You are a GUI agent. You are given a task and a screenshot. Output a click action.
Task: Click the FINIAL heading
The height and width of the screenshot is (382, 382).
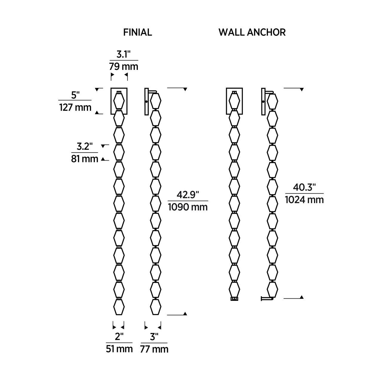(138, 32)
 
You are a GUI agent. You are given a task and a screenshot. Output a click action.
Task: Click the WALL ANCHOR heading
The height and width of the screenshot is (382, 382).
(252, 32)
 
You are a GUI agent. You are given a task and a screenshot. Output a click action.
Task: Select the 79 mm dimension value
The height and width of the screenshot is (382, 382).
(123, 66)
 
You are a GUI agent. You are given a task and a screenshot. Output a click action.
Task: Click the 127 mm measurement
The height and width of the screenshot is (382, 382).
(75, 107)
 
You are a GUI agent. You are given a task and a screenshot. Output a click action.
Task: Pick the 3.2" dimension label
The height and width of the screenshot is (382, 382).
(85, 147)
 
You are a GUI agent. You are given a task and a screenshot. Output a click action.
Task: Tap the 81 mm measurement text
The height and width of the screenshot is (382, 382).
(85, 159)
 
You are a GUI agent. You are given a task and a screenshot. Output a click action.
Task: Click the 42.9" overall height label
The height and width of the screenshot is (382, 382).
(188, 195)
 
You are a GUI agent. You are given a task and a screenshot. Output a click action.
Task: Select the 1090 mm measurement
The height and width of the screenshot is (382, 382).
(188, 207)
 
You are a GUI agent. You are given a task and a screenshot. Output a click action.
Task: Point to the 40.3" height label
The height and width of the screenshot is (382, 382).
(304, 187)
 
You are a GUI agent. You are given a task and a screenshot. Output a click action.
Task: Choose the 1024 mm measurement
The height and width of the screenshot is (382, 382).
(304, 199)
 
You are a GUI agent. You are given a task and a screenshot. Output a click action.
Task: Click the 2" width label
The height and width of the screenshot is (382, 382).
(119, 337)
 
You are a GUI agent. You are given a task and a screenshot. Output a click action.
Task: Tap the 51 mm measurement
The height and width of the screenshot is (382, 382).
(119, 349)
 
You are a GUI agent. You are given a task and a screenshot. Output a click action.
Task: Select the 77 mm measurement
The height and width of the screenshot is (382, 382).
(154, 349)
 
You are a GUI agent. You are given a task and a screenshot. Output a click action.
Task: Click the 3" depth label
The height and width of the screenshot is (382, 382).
(154, 337)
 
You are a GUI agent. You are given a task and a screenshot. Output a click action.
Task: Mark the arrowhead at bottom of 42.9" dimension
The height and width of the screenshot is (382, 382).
(185, 313)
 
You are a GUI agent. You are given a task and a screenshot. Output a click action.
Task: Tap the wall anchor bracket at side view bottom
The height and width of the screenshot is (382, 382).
(267, 298)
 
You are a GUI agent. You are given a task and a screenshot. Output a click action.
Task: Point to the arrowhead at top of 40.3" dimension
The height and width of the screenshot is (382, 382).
(301, 90)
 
